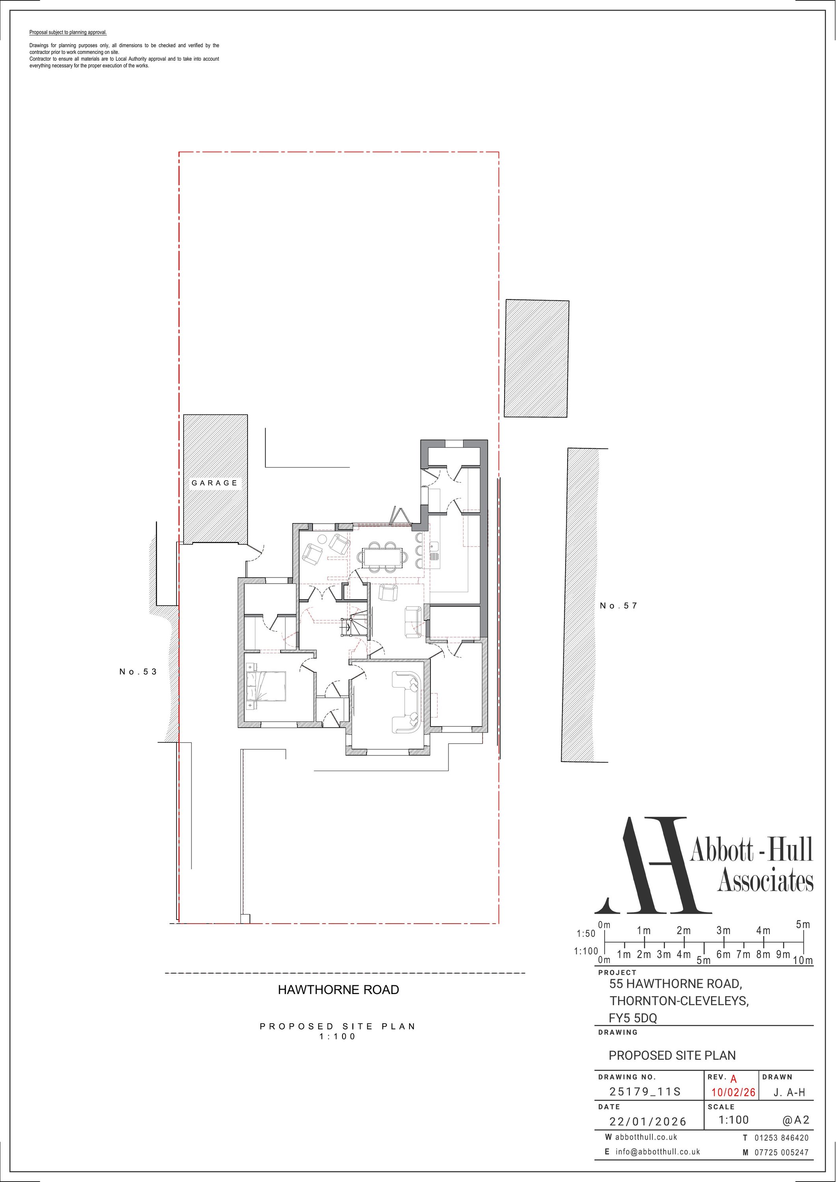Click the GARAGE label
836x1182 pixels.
(x=214, y=483)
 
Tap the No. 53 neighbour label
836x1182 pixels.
(x=138, y=671)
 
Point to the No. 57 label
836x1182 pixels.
(x=619, y=606)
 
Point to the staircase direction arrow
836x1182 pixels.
(x=348, y=627)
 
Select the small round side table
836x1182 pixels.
(x=321, y=539)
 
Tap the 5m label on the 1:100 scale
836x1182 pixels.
(x=703, y=961)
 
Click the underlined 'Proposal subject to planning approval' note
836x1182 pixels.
(x=68, y=32)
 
